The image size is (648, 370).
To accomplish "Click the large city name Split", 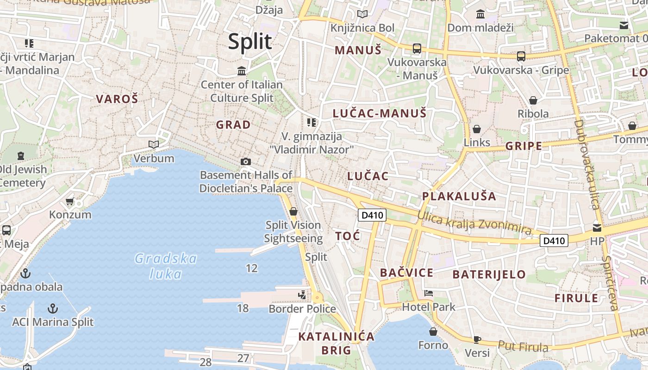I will point(249,42).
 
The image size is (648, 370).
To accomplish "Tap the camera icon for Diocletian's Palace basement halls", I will point(246,161).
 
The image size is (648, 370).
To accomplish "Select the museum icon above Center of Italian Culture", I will point(242,71).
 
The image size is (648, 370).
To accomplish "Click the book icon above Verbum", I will point(154,145).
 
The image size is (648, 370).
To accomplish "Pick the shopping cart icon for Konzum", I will point(70,201).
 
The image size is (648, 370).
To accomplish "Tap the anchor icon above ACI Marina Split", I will point(53,308).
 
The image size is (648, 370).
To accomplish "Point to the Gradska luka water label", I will point(166,266).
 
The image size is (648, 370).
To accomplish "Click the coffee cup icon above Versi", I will point(477,339).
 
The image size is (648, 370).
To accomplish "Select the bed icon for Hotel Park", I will point(429,293).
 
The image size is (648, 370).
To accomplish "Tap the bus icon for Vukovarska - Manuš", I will point(417,48).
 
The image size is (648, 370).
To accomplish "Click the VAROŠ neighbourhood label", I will point(117,99).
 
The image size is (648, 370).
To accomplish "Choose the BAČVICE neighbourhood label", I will point(407,273).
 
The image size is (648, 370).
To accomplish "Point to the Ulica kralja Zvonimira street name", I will point(474,222).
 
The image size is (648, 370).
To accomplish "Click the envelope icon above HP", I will point(597,228).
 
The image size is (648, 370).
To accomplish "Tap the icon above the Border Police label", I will point(302,295).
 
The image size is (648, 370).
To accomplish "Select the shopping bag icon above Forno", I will point(433,332).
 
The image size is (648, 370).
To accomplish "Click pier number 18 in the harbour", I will point(243,308).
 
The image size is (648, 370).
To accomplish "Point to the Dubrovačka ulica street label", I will point(586,165).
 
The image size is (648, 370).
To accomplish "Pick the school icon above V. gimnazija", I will point(312,123).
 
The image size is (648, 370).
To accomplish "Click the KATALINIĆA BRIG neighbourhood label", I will point(336,343).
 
